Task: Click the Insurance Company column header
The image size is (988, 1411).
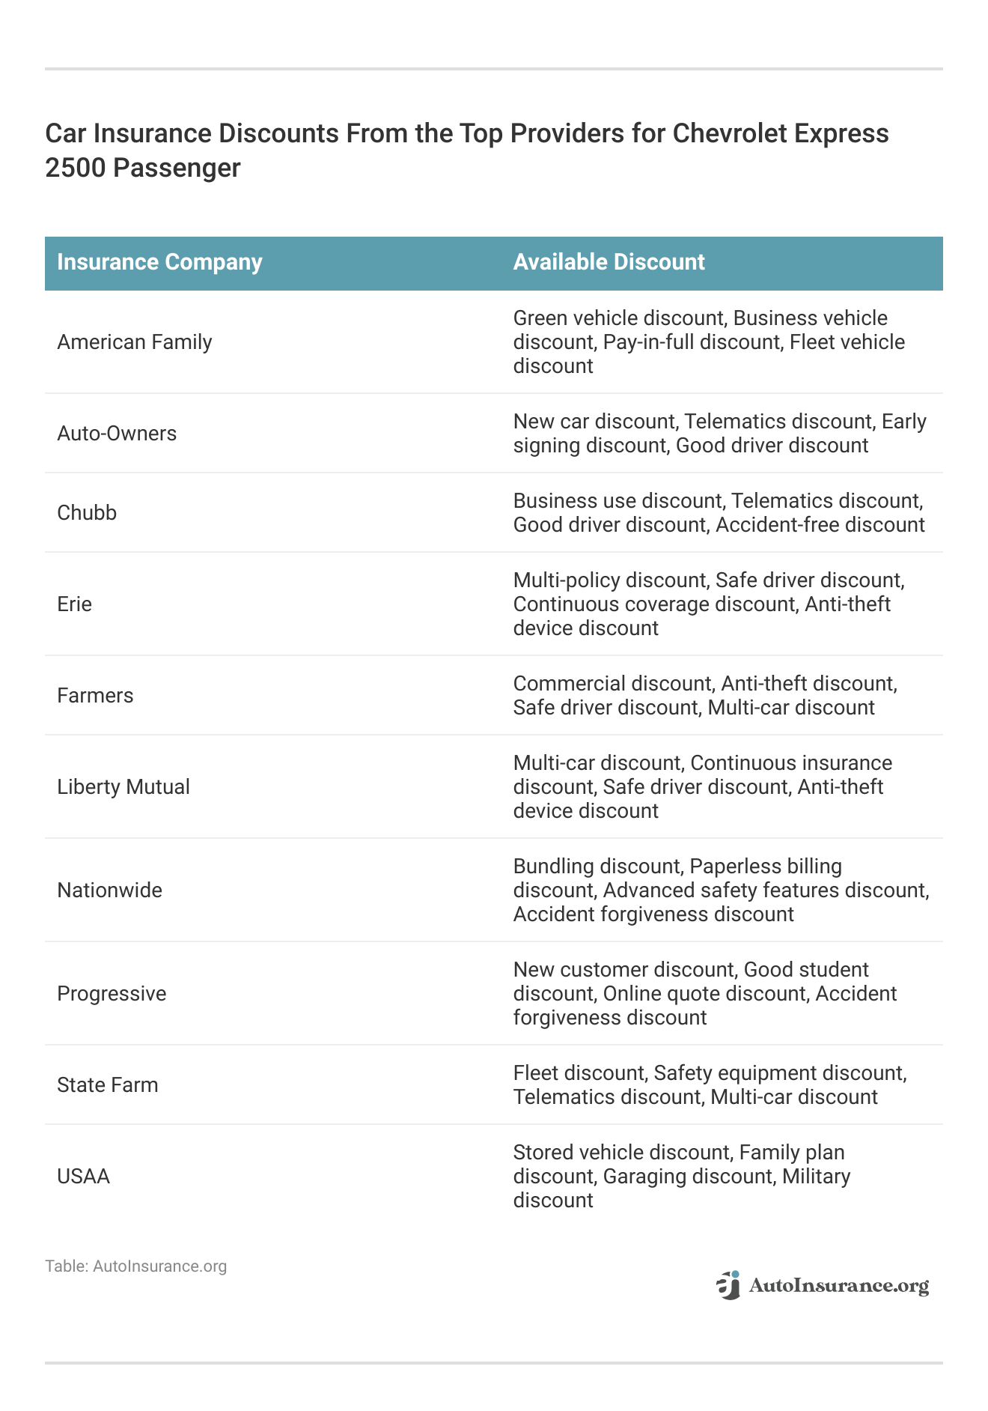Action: pyautogui.click(x=159, y=262)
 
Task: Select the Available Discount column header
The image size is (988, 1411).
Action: pyautogui.click(x=609, y=262)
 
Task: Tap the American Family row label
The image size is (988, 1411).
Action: pyautogui.click(x=135, y=342)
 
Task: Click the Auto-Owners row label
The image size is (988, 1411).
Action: pyautogui.click(x=117, y=434)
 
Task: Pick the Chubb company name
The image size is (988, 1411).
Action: pyautogui.click(x=87, y=513)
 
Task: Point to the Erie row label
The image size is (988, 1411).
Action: pyautogui.click(x=74, y=604)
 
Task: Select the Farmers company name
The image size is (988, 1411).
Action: pyautogui.click(x=95, y=696)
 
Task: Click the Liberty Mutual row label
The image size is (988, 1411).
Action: pyautogui.click(x=124, y=787)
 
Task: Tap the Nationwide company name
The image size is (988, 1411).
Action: pyautogui.click(x=109, y=890)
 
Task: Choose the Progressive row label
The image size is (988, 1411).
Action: pyautogui.click(x=112, y=994)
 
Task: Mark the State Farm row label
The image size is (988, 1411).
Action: pyautogui.click(x=108, y=1085)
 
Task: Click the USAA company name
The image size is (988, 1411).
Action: pyautogui.click(x=83, y=1177)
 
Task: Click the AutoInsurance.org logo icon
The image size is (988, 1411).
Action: pyautogui.click(x=728, y=1285)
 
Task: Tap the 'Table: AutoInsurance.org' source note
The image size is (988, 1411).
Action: pyautogui.click(x=135, y=1266)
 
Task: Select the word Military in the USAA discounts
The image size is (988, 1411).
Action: pyautogui.click(x=816, y=1177)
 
